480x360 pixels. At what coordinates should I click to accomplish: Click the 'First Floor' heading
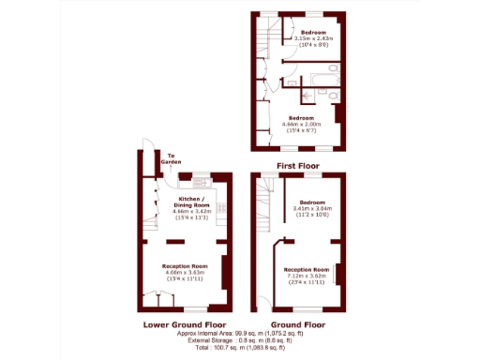pos(297,166)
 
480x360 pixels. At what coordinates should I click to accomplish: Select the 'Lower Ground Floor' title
pos(184,324)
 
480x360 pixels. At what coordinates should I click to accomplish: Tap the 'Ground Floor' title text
pos(297,324)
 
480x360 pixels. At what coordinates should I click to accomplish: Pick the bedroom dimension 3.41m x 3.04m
pos(312,210)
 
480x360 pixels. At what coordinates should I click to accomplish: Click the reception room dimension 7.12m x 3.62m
pos(307,277)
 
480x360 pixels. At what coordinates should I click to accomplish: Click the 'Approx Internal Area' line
pos(239,334)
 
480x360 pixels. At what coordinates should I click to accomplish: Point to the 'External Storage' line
pos(239,341)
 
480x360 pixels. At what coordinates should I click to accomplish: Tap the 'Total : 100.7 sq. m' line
pos(239,349)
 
